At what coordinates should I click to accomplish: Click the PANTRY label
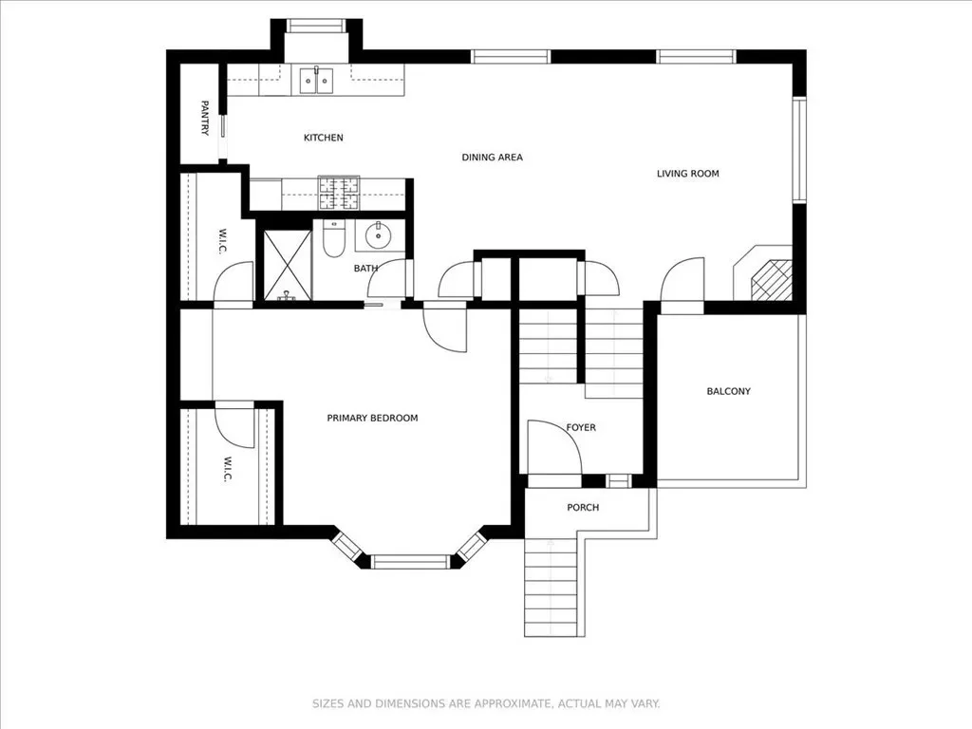tap(205, 118)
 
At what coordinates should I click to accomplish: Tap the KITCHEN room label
tap(323, 138)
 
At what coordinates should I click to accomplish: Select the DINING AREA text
tap(493, 158)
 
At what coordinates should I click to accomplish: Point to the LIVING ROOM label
tap(688, 174)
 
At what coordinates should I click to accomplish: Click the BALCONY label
tap(728, 391)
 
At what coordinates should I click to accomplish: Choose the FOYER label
tap(581, 427)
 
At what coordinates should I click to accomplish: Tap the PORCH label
tap(583, 507)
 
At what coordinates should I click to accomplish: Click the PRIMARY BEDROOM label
tap(372, 418)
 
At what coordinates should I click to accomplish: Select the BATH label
tap(365, 269)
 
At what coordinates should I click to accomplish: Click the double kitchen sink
tap(316, 80)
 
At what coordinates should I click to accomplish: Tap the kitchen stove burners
tap(339, 193)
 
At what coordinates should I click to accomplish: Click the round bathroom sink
tap(378, 235)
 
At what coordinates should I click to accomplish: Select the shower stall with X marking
tap(288, 266)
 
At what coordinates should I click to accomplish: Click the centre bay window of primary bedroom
tap(410, 562)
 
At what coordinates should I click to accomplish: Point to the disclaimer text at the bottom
tap(486, 703)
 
